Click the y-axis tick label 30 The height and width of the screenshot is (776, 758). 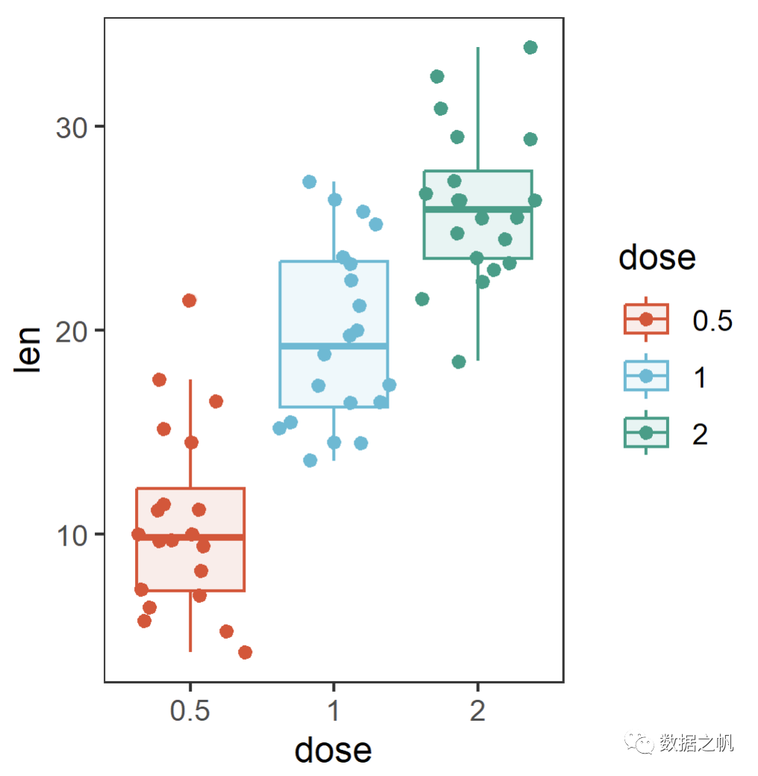tap(71, 127)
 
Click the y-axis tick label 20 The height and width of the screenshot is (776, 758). tap(71, 331)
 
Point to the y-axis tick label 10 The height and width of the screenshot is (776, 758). tap(71, 534)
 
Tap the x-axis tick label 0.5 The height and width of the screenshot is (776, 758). tap(190, 711)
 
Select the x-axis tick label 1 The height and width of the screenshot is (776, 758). tap(333, 711)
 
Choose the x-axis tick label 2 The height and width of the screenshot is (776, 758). tap(477, 711)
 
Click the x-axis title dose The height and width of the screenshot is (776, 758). tap(333, 749)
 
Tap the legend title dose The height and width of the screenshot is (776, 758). tap(657, 257)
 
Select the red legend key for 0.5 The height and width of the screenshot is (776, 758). tap(646, 319)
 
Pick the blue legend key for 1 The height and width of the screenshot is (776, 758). tap(646, 376)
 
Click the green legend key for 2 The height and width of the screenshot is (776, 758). tap(646, 433)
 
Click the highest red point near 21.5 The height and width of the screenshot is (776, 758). tap(189, 301)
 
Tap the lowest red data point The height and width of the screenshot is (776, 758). tap(245, 653)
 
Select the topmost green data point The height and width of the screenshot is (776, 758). tap(530, 48)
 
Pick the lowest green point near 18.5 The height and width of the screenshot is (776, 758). tap(459, 362)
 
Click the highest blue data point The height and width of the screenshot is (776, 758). tap(310, 182)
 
